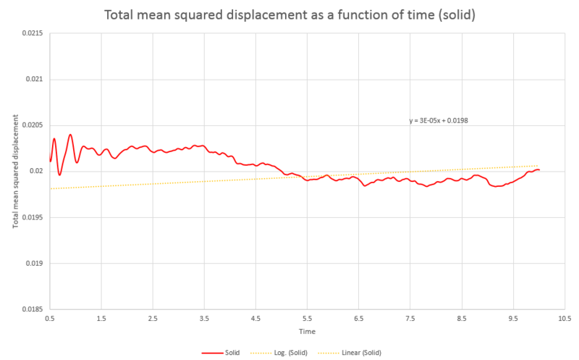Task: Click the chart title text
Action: point(289,14)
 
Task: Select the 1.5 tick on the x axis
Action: point(101,318)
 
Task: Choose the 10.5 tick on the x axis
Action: point(565,318)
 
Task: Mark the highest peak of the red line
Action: point(70,135)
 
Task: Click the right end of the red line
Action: point(539,170)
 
